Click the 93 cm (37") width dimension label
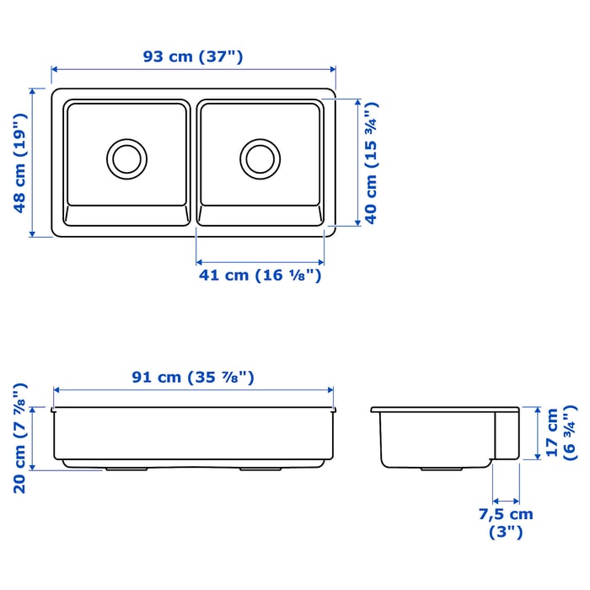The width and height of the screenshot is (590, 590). [193, 57]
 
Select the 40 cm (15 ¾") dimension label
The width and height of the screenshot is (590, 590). [371, 162]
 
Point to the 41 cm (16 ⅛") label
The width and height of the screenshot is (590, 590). [260, 275]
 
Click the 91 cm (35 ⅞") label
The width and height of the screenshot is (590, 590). [193, 378]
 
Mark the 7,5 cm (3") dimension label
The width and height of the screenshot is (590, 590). [506, 523]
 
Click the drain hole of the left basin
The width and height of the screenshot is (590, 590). [126, 157]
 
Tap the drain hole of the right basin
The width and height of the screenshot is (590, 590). [259, 157]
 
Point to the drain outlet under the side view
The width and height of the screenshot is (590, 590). [437, 467]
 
